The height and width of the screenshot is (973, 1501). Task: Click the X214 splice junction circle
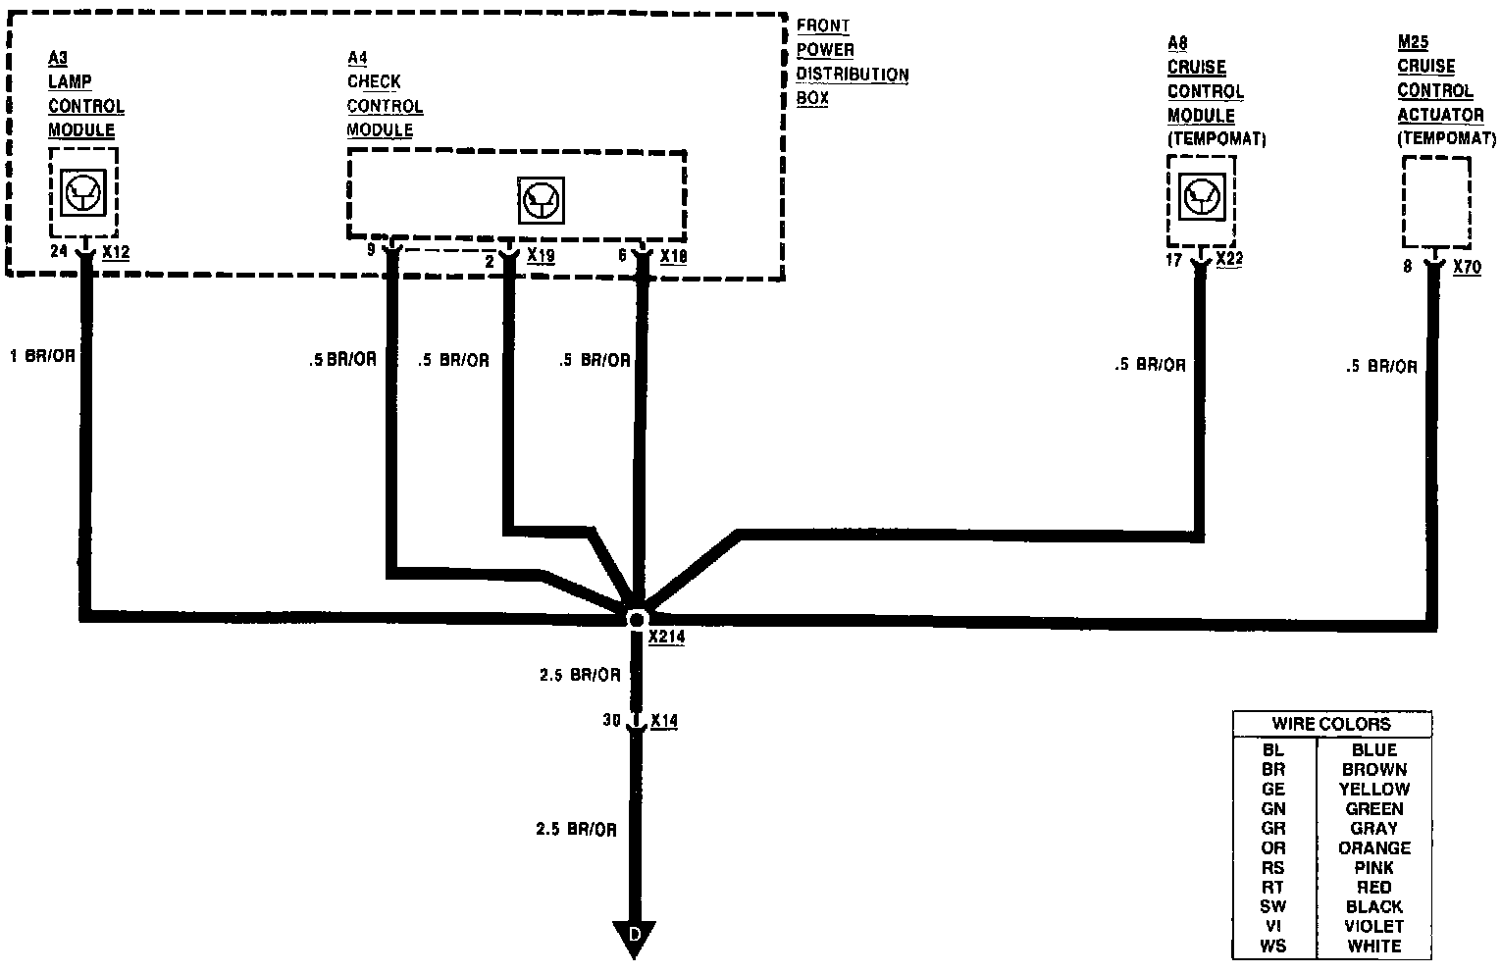click(636, 619)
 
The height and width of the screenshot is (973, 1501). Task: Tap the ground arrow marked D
click(634, 936)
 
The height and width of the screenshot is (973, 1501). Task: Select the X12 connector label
click(116, 252)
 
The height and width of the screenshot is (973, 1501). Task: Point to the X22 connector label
click(1229, 259)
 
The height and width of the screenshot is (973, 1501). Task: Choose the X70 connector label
click(1467, 265)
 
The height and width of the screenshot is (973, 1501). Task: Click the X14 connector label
click(664, 721)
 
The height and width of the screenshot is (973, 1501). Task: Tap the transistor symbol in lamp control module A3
click(82, 192)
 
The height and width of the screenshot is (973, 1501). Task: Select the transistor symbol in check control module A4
click(541, 200)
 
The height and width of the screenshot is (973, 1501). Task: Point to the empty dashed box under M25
click(1436, 203)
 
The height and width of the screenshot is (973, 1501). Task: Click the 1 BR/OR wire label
click(42, 356)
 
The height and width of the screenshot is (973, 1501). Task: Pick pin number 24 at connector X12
click(59, 252)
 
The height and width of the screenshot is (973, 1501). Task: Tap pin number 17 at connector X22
click(1173, 261)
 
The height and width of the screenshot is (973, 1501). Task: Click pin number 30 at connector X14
click(612, 720)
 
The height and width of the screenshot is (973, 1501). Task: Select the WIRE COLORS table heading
click(1331, 724)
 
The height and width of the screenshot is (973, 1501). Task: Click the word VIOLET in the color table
click(1373, 926)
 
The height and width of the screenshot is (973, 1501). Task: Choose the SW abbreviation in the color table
click(1273, 906)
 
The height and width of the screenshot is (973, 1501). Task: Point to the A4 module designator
click(357, 58)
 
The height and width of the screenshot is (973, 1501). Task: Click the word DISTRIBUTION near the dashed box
click(852, 75)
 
